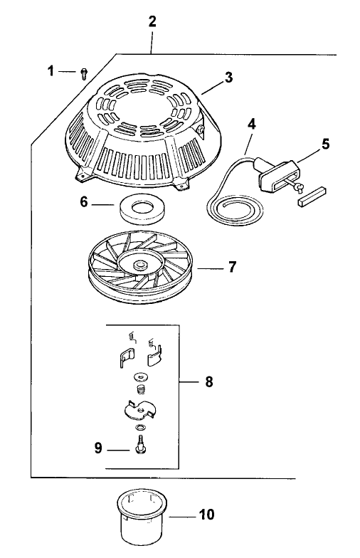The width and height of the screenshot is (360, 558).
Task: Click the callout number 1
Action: pos(51,70)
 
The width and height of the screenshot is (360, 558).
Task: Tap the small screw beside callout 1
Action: pos(83,73)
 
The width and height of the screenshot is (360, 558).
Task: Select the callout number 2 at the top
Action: pos(152,21)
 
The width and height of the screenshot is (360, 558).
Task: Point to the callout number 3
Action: pos(228,78)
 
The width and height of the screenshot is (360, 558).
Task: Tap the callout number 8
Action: pos(208,381)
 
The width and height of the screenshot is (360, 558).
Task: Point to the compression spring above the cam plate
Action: pos(141,390)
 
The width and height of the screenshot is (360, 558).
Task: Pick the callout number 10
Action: pos(206,513)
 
